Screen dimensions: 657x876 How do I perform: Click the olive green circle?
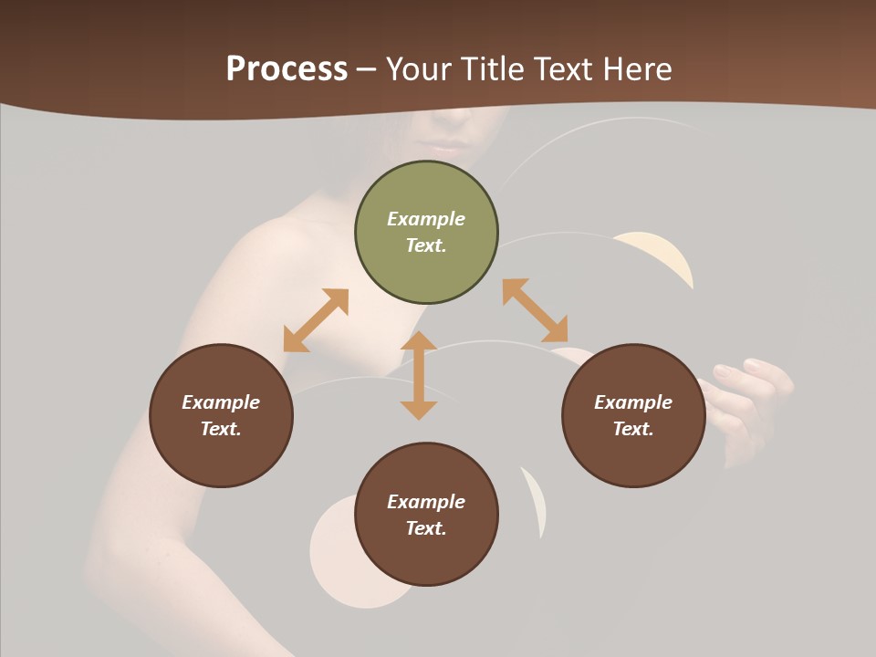426,233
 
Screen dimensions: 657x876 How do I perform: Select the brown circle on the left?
221,416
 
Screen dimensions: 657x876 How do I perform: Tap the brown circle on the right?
633,416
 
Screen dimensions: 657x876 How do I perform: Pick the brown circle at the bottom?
426,515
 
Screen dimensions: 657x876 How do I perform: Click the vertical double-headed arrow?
419,375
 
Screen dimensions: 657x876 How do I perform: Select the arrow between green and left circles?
316,320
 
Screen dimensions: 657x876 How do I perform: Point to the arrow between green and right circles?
535,311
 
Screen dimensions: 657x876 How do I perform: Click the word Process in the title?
287,69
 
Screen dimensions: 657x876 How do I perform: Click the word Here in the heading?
636,69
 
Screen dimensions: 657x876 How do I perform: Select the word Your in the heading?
421,69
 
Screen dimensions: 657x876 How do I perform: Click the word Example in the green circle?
426,219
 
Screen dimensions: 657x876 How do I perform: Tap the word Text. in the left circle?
221,429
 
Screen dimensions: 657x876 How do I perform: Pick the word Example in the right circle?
633,402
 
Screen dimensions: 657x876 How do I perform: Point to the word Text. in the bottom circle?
426,528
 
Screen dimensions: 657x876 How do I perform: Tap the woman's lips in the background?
447,146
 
